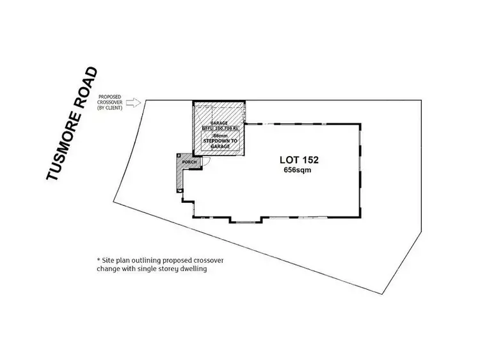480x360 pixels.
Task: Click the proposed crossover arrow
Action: point(133,102)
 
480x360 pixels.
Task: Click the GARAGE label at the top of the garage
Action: point(220,121)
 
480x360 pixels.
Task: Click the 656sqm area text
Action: point(298,171)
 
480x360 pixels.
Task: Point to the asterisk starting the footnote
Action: point(99,261)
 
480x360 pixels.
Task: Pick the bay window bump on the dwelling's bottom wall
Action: point(246,221)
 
